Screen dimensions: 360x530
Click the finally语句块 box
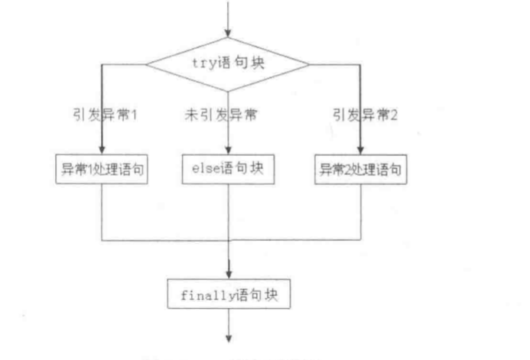coord(228,291)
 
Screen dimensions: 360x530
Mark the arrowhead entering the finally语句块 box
coord(228,274)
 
